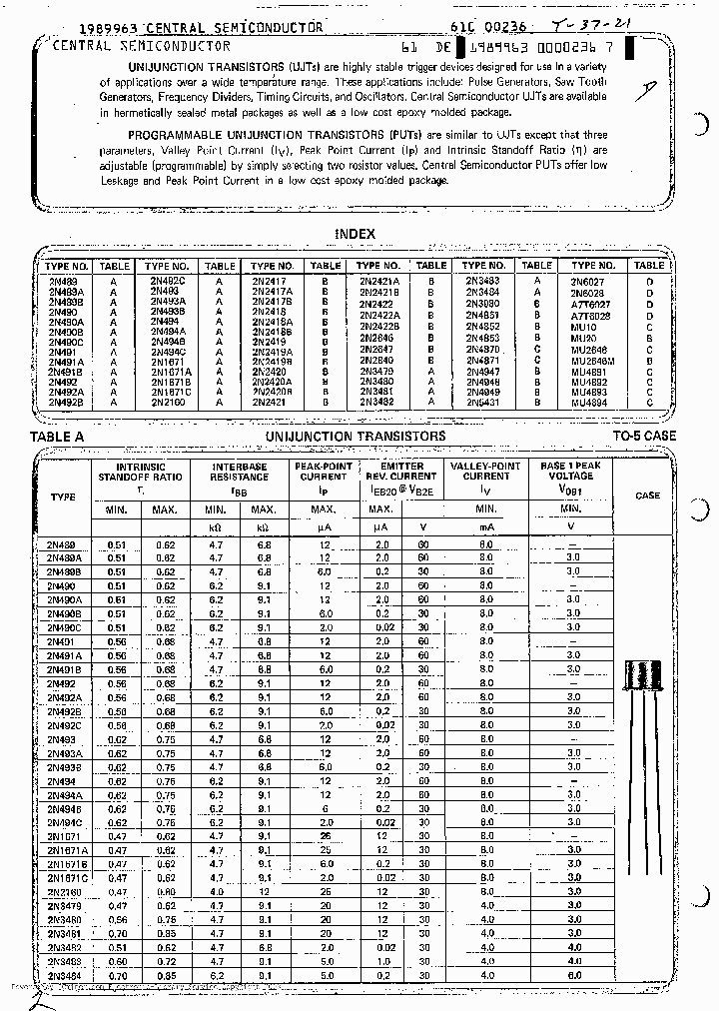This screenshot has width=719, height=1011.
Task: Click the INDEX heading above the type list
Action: pyautogui.click(x=355, y=234)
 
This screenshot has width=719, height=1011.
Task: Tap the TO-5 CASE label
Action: pyautogui.click(x=644, y=437)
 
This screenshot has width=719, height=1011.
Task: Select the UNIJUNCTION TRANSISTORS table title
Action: pyautogui.click(x=356, y=437)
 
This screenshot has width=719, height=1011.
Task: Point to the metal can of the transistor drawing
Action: pyautogui.click(x=647, y=676)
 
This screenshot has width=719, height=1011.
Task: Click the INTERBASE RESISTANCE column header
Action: pyautogui.click(x=239, y=472)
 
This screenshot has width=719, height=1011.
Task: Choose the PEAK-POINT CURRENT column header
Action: pyautogui.click(x=323, y=472)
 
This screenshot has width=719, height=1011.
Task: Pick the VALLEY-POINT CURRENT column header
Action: pyautogui.click(x=485, y=472)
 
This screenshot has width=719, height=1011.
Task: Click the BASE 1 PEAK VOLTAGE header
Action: pyautogui.click(x=570, y=472)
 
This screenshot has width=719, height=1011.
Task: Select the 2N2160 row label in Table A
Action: pyautogui.click(x=64, y=891)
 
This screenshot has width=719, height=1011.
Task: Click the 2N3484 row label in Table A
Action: pyautogui.click(x=64, y=975)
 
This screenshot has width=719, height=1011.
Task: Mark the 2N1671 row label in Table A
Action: pyautogui.click(x=64, y=835)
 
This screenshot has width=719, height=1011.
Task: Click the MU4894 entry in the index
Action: pyautogui.click(x=589, y=403)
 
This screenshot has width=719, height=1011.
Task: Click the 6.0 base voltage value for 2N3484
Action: pyautogui.click(x=572, y=975)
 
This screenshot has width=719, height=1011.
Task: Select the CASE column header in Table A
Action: pyautogui.click(x=647, y=496)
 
